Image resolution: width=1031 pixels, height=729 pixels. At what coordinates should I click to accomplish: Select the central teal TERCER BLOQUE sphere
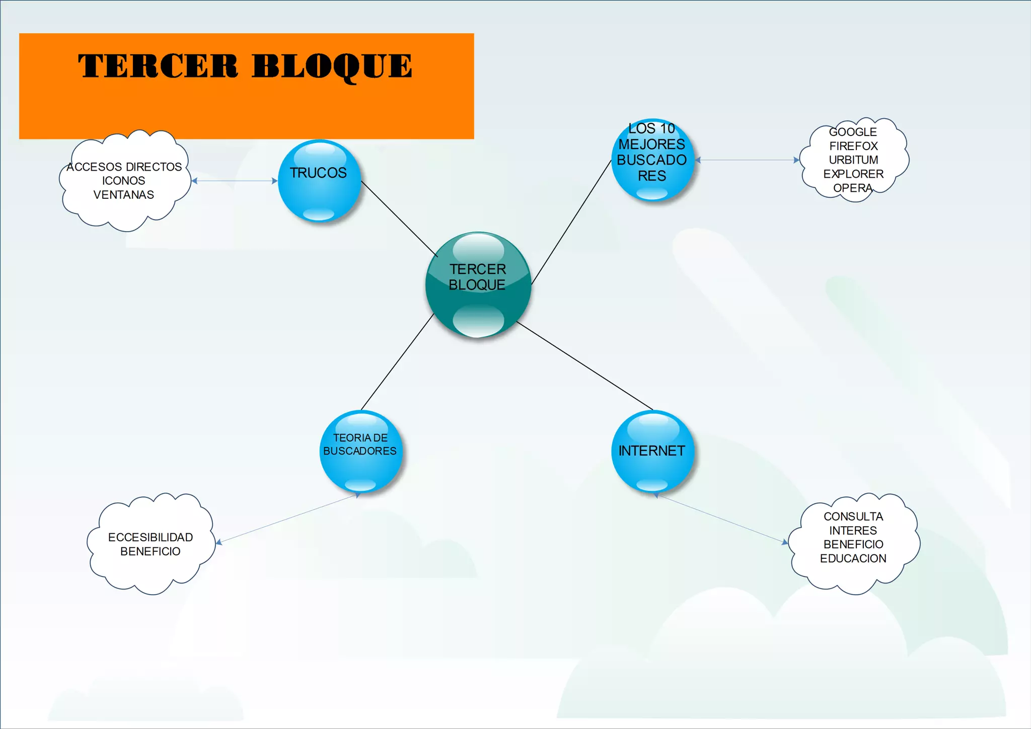pyautogui.click(x=478, y=284)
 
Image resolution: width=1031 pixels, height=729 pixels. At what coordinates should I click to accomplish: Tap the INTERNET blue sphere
pyautogui.click(x=652, y=451)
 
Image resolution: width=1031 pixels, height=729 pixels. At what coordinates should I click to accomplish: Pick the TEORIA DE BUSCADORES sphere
pyautogui.click(x=360, y=451)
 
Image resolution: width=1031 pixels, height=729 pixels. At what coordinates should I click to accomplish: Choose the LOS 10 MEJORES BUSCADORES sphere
pyautogui.click(x=652, y=160)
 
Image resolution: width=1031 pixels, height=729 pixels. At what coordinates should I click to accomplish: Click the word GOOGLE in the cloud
pyautogui.click(x=853, y=132)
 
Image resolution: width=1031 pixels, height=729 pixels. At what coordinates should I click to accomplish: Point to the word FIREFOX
pyautogui.click(x=853, y=146)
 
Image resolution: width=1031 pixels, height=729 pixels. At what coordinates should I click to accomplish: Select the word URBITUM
pyautogui.click(x=853, y=160)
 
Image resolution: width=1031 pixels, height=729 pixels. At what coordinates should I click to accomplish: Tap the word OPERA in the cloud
pyautogui.click(x=852, y=188)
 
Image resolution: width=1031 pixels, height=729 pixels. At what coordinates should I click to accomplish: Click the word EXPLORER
pyautogui.click(x=853, y=174)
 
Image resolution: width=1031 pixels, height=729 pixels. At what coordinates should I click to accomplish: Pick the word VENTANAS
pyautogui.click(x=124, y=195)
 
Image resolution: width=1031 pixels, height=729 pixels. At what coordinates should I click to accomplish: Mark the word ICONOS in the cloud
pyautogui.click(x=124, y=181)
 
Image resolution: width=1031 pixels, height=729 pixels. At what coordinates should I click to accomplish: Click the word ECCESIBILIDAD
pyautogui.click(x=151, y=537)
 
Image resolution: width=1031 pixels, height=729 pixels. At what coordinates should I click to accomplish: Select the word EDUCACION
pyautogui.click(x=853, y=558)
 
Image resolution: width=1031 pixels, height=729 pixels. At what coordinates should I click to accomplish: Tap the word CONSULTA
pyautogui.click(x=853, y=517)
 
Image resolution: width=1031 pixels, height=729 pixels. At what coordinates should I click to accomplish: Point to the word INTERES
pyautogui.click(x=853, y=531)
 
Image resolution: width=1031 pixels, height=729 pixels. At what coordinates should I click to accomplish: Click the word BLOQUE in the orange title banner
pyautogui.click(x=332, y=66)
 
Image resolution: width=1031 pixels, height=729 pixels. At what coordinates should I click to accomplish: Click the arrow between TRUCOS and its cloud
pyautogui.click(x=235, y=181)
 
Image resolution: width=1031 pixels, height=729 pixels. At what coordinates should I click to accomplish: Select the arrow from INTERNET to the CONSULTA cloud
pyautogui.click(x=722, y=519)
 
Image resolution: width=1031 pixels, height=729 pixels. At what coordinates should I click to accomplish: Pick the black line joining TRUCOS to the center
pyautogui.click(x=399, y=218)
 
